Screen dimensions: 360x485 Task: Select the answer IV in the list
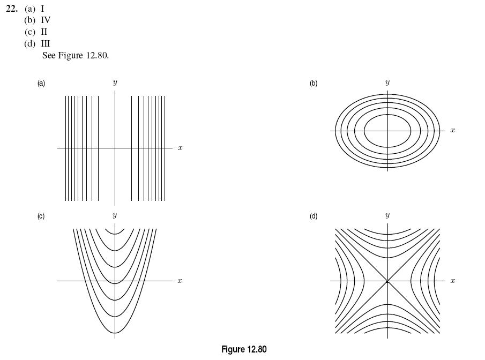click(46, 20)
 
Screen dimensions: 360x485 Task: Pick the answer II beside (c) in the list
click(44, 32)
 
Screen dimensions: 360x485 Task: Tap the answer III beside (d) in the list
click(46, 43)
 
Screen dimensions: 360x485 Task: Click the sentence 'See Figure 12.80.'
click(75, 55)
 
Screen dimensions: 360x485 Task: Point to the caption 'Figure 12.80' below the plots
click(244, 349)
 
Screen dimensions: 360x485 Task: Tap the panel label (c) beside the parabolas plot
click(41, 216)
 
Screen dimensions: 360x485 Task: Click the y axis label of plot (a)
click(115, 83)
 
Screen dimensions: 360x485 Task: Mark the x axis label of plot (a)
click(180, 147)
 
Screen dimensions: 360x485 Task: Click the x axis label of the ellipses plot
click(452, 130)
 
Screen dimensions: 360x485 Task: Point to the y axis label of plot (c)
click(115, 216)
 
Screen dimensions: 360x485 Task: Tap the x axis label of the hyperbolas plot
click(452, 281)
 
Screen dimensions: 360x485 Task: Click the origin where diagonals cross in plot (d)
click(387, 281)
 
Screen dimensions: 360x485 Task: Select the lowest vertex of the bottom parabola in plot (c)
click(115, 333)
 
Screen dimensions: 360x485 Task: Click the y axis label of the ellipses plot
click(387, 83)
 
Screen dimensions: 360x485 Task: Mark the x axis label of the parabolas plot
click(180, 281)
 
